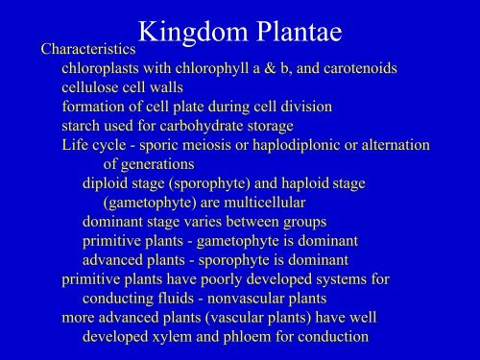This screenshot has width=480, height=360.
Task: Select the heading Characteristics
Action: [84, 47]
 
